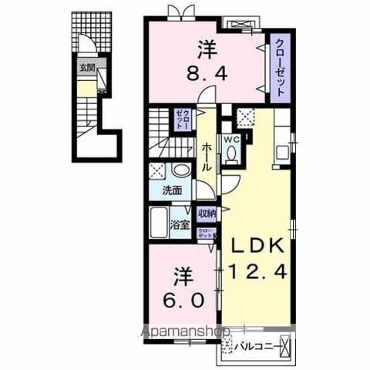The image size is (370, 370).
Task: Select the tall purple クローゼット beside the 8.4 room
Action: pos(278,68)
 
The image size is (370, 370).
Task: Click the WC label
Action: pos(232,140)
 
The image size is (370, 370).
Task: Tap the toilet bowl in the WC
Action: pos(232,153)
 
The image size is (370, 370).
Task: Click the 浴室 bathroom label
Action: pos(180,227)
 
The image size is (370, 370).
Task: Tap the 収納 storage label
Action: pos(207,213)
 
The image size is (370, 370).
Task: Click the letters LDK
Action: pos(257,247)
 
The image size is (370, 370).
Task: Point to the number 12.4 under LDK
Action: pos(257,271)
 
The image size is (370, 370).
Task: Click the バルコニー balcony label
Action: pos(257,345)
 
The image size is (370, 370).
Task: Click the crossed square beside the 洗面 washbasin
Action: pos(157,171)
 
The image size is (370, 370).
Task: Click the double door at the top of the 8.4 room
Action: pos(177,12)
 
